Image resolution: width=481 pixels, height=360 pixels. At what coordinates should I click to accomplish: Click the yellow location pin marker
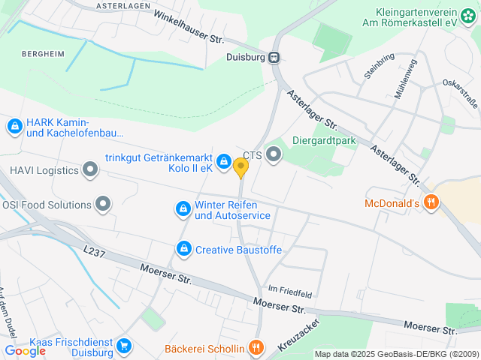240,167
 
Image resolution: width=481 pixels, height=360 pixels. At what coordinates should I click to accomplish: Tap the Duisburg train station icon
274,56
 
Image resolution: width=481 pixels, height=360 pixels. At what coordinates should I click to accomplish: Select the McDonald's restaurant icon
431,202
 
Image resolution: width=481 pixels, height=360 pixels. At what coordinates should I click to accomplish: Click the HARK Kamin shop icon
14,127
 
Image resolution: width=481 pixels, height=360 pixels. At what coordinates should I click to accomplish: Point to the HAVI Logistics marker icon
90,170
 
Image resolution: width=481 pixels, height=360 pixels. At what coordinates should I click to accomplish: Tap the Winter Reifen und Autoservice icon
182,209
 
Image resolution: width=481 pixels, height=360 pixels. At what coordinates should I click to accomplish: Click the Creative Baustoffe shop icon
183,248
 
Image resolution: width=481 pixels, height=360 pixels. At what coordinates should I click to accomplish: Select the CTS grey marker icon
273,155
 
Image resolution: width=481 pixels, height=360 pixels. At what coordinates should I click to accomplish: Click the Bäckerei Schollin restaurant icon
256,347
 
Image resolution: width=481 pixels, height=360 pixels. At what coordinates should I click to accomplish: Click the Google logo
25,350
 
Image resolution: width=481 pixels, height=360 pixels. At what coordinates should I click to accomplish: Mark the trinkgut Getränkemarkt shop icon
223,161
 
